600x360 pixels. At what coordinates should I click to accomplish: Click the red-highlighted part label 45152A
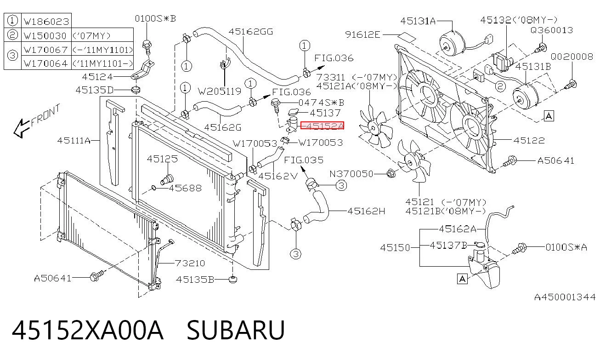[x=322, y=126]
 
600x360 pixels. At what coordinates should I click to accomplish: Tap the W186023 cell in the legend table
[x=46, y=21]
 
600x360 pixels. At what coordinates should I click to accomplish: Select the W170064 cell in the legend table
[x=46, y=63]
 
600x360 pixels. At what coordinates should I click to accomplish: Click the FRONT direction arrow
[x=22, y=129]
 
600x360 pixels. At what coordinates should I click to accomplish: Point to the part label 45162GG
[x=251, y=32]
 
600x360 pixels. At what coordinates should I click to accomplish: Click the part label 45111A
[x=74, y=140]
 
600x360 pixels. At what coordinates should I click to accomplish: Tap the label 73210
[x=190, y=263]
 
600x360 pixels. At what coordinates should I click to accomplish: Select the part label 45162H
[x=366, y=211]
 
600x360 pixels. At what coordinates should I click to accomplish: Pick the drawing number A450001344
[x=565, y=297]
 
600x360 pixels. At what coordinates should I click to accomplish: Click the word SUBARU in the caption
[x=236, y=330]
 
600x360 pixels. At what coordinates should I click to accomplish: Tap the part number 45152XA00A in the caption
[x=88, y=330]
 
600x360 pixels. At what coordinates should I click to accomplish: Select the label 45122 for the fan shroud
[x=529, y=140]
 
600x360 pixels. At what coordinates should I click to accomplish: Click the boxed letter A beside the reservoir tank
[x=462, y=279]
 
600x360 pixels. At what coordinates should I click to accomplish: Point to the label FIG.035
[x=304, y=160]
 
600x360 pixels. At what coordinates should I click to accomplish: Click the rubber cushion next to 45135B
[x=233, y=280]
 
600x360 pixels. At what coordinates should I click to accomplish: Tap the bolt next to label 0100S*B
[x=147, y=47]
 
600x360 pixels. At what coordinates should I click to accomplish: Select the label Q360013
[x=552, y=30]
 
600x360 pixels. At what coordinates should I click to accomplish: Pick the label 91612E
[x=362, y=34]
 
